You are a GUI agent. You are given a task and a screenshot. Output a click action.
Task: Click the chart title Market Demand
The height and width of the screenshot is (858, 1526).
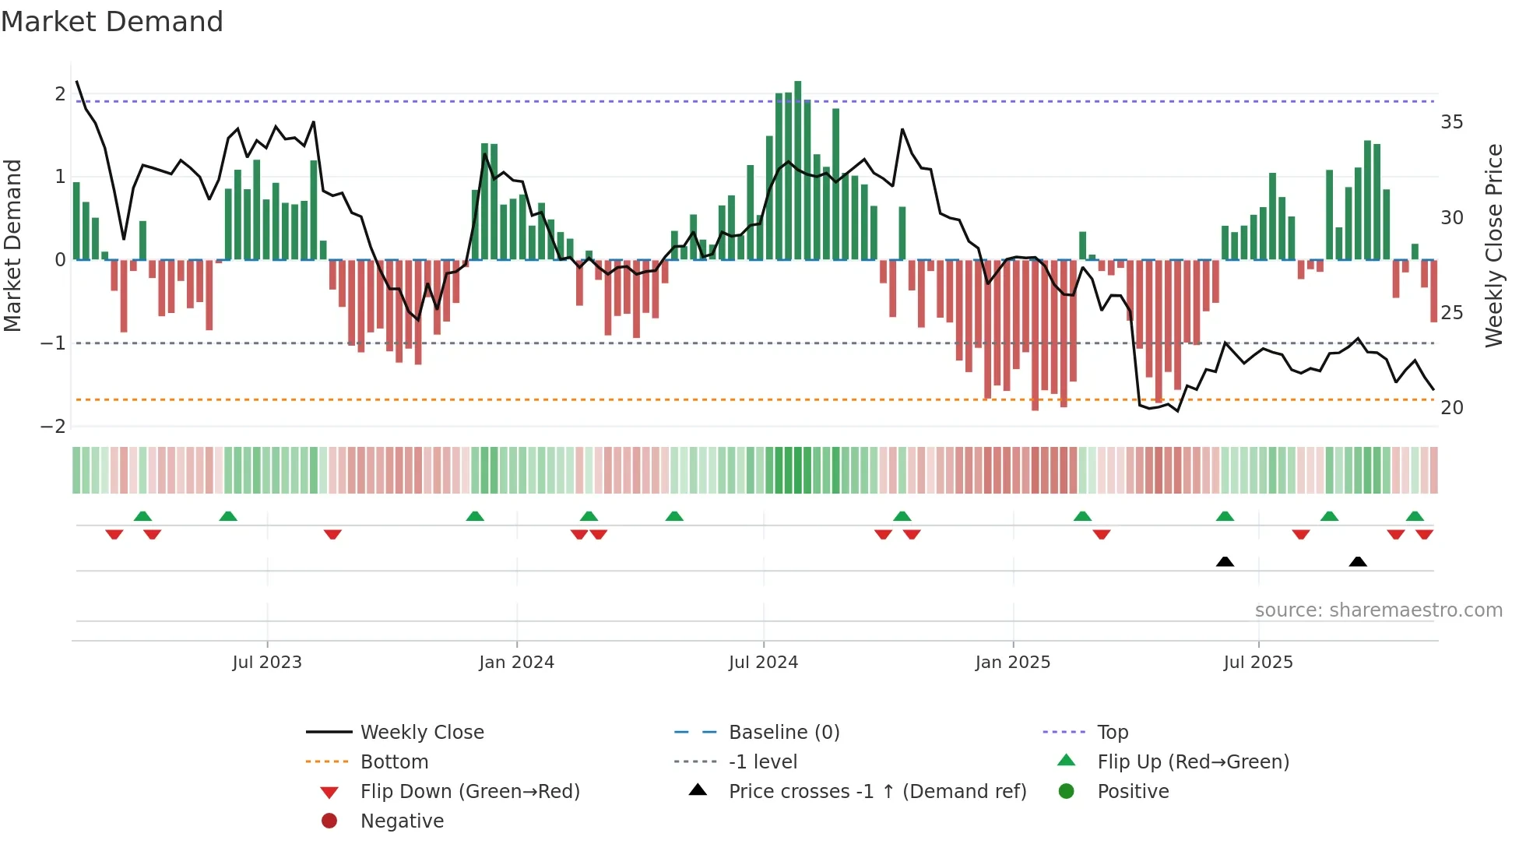tap(112, 22)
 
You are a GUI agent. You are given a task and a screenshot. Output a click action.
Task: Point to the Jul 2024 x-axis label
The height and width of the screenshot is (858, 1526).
tap(763, 663)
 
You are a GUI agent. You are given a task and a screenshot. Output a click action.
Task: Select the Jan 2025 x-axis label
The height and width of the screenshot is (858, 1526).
tap(1012, 663)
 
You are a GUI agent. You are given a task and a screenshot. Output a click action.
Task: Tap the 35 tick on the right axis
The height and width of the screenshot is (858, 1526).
tap(1451, 122)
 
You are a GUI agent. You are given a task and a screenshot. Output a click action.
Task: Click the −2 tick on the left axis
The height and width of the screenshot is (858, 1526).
tap(54, 427)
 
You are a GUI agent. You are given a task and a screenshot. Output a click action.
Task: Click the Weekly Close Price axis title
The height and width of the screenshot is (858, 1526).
tap(1493, 245)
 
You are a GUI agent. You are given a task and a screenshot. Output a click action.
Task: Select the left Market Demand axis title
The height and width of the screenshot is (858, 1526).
tap(12, 245)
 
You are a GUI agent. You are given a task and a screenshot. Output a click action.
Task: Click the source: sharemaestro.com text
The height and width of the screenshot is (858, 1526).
tap(1378, 610)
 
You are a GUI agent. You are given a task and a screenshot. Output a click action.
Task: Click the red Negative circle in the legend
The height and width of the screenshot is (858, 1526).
tap(329, 821)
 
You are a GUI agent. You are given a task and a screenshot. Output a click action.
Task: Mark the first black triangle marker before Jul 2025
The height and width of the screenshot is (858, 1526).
tap(1225, 561)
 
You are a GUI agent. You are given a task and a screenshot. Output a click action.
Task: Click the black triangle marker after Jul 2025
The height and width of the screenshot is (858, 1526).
tap(1358, 561)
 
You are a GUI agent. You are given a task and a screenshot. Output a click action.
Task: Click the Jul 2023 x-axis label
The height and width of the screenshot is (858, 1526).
tap(267, 663)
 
